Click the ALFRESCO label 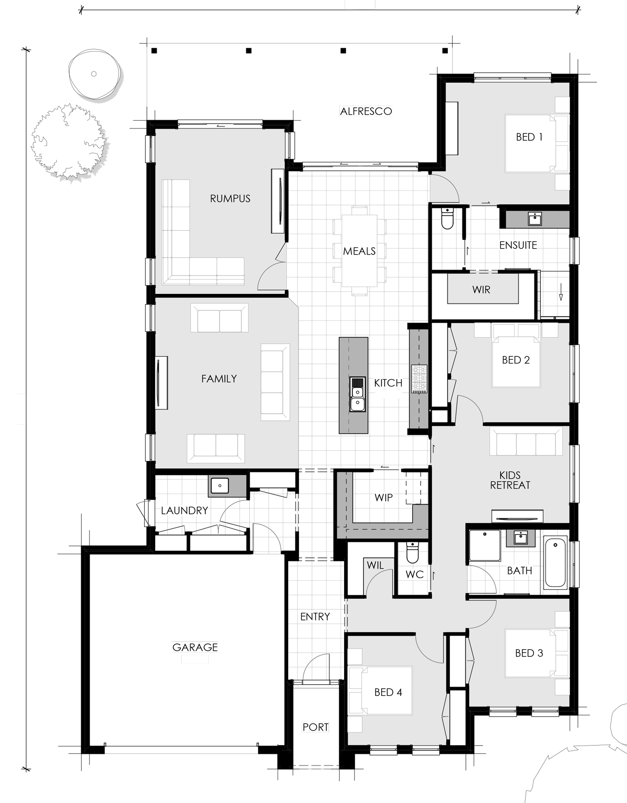point(366,111)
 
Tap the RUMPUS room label point(230,199)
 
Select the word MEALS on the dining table point(359,251)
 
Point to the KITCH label point(388,383)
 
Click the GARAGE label point(195,647)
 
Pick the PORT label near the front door point(315,727)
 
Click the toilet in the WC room point(412,552)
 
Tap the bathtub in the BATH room point(555,563)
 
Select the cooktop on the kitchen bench point(419,379)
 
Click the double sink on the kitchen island point(357,394)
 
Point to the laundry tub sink point(220,486)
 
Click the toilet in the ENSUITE point(447,219)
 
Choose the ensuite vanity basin point(535,219)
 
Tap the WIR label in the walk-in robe point(481,290)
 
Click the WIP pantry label point(384,497)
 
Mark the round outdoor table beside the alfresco point(94,74)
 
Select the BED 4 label point(388,692)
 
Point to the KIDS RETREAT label point(510,480)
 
